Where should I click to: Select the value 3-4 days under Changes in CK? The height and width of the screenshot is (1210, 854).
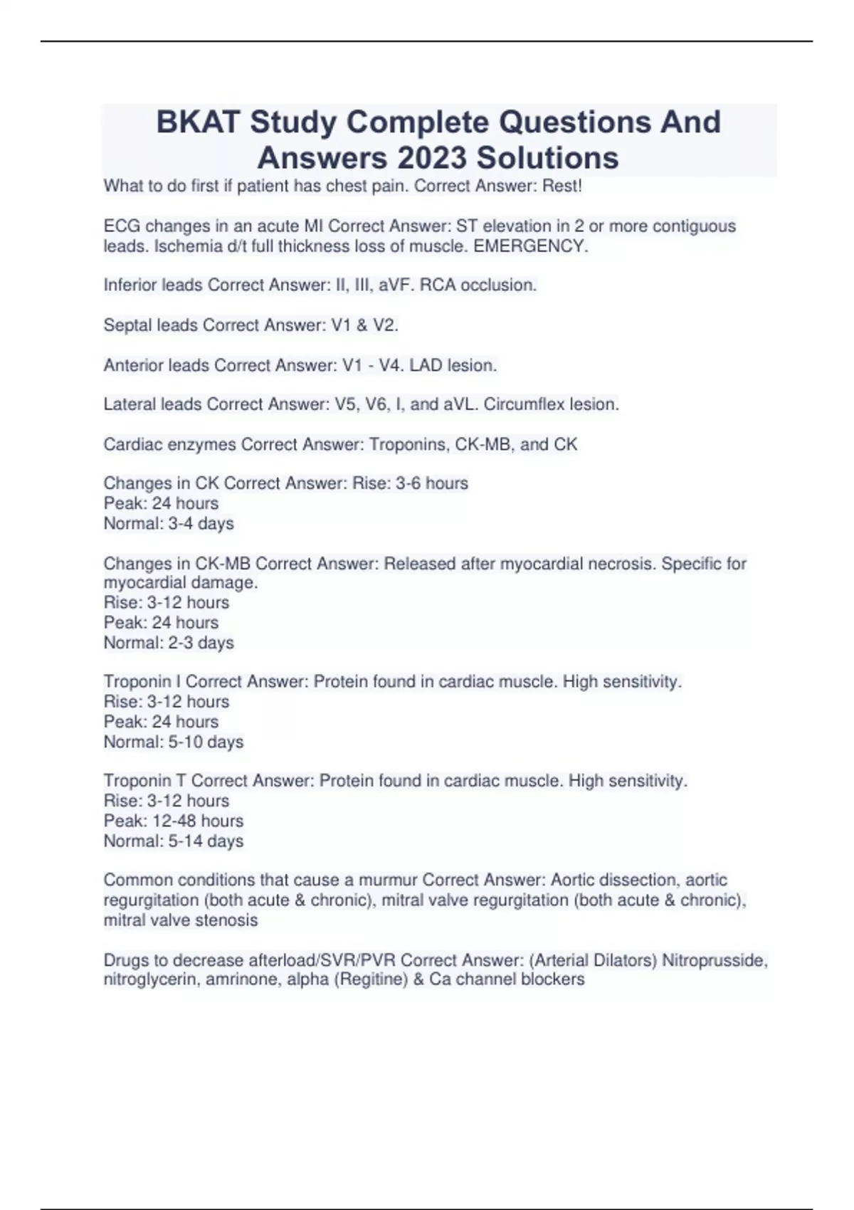click(201, 524)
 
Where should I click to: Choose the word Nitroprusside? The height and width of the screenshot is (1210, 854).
click(715, 960)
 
